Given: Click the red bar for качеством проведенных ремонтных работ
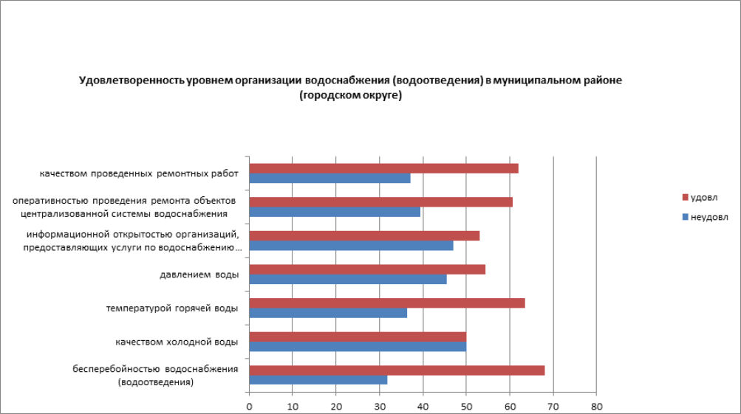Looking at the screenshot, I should tap(383, 168).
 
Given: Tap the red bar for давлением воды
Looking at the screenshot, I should tap(367, 269).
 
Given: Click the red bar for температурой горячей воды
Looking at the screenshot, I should tap(387, 303).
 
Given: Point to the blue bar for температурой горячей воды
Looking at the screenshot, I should tap(328, 313).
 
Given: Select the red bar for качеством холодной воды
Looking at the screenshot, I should tap(358, 337).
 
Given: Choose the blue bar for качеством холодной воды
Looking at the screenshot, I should tap(358, 346).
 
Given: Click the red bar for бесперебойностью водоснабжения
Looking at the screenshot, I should tap(397, 370).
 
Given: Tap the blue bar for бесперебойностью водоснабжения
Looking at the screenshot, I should tap(318, 380).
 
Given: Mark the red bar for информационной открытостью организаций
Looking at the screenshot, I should tap(364, 235).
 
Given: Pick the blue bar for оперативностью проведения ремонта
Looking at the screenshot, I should tap(335, 212).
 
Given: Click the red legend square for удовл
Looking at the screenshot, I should tap(685, 197).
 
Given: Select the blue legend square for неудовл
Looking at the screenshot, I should tap(685, 217).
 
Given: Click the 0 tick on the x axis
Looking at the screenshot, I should tap(250, 406).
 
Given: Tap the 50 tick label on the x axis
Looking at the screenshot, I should tap(466, 406).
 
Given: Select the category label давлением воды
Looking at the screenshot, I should tap(199, 275).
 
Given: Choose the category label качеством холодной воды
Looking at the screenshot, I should tap(177, 342).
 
